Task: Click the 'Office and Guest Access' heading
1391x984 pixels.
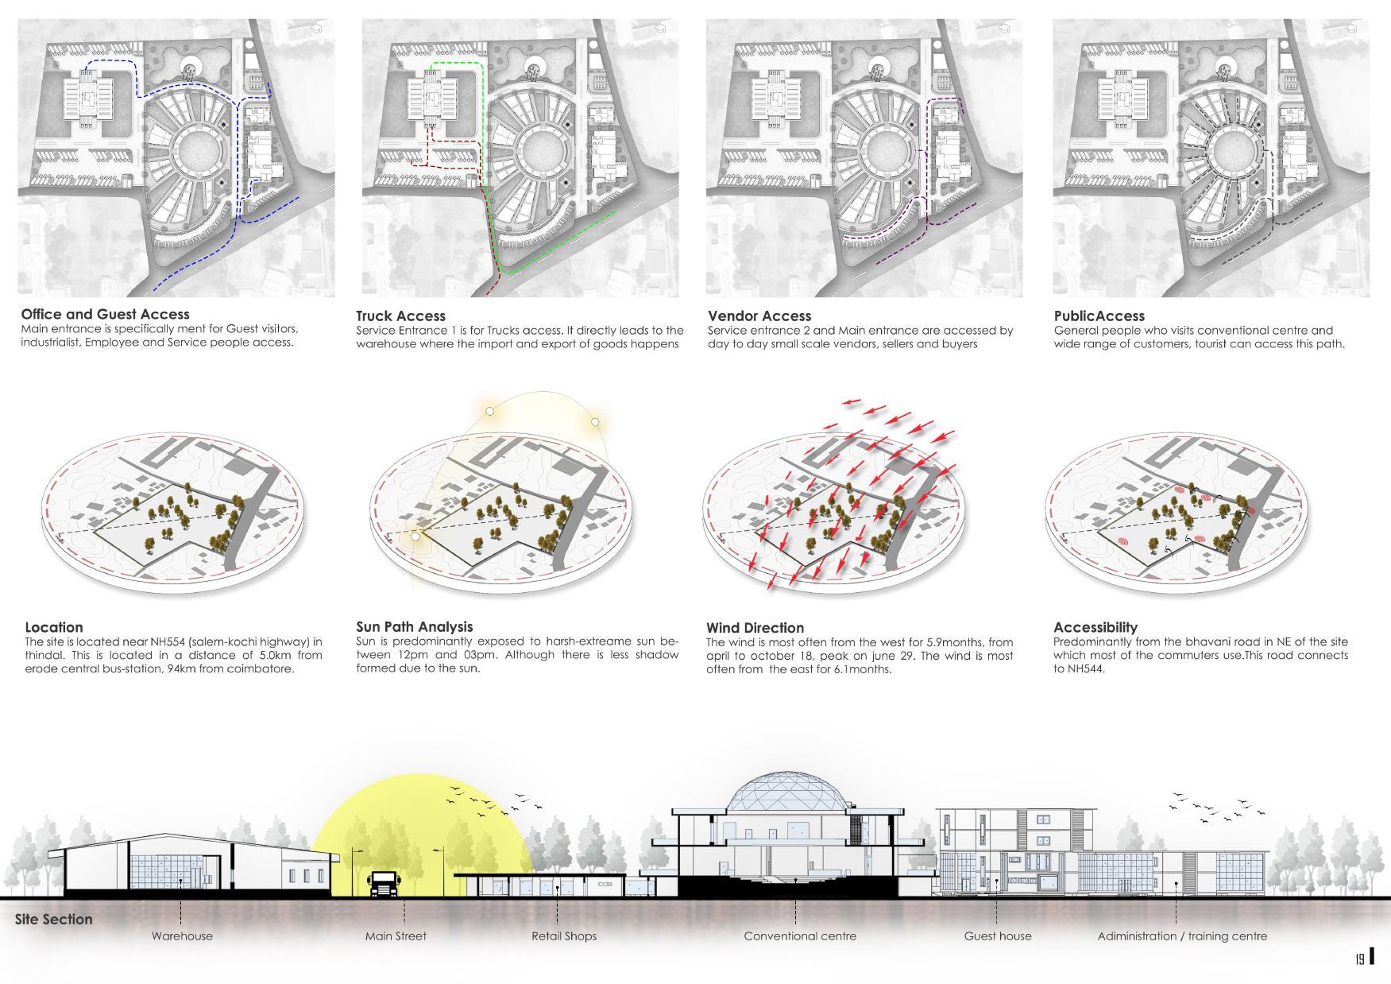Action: [105, 314]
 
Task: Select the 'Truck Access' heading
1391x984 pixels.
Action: [400, 316]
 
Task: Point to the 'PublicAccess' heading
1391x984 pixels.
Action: [1099, 316]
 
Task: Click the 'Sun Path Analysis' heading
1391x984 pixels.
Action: [414, 626]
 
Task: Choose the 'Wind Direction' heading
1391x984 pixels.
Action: [755, 627]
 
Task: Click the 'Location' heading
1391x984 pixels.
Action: [53, 626]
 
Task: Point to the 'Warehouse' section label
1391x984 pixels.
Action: [182, 936]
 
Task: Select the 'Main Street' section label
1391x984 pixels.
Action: [396, 936]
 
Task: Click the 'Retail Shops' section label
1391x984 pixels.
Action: [564, 936]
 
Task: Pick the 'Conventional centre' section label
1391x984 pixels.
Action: [800, 936]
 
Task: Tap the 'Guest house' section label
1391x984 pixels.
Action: [998, 936]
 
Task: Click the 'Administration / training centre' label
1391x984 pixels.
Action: [1182, 936]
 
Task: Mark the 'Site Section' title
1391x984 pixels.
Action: [53, 919]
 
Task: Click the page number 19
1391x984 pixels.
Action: [1359, 959]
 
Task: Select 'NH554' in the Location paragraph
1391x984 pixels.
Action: [168, 641]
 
